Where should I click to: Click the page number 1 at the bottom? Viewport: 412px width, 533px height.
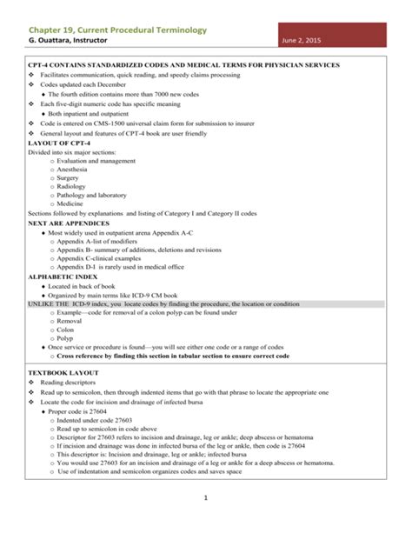206,498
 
